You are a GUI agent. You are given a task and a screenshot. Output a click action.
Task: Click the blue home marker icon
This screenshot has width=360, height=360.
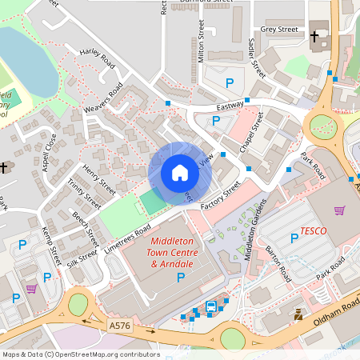coord(180,172)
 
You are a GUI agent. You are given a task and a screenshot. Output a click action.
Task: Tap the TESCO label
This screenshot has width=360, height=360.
coord(313,231)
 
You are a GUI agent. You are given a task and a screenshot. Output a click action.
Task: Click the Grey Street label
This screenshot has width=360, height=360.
coord(279,30)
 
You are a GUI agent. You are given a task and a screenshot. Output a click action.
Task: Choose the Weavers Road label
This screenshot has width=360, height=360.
coord(106,98)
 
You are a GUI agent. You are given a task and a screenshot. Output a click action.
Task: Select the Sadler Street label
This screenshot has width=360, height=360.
coord(256,57)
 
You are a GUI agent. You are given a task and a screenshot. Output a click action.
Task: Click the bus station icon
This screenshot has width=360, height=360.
coord(210,306)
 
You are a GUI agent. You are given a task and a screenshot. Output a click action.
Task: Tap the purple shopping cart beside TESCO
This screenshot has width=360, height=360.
coord(339,210)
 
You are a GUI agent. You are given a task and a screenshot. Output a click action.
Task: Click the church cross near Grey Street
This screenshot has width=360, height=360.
coord(314,36)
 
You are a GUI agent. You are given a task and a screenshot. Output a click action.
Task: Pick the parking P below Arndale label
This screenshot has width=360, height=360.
coord(180,277)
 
